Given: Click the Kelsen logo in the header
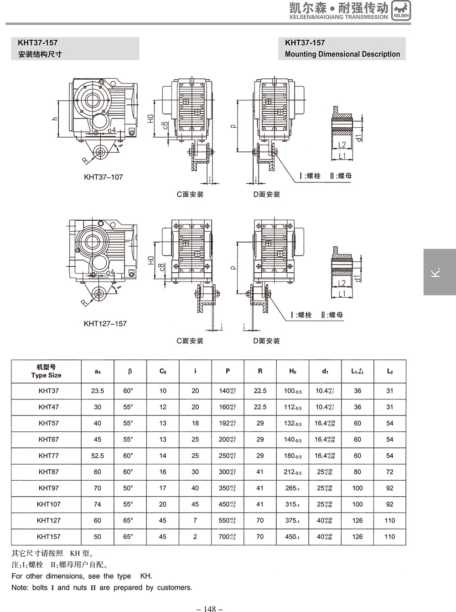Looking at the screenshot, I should coord(401,10).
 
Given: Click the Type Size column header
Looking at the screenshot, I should coord(46,371).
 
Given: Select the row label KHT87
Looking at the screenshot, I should coord(48,472).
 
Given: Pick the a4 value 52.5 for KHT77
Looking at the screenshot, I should coord(98,456).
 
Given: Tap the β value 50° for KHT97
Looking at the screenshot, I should coord(128,488).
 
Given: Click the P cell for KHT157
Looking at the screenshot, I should coord(227,537).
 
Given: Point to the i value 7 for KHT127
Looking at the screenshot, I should coord(195,520).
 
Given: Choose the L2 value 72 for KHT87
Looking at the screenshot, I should coord(389,472).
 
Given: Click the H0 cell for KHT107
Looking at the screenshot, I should coord(292,504).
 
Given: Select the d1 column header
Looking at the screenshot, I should coord(325,371).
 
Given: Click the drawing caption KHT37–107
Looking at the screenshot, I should coord(104,177).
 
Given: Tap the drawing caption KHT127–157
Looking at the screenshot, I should coord(105,323).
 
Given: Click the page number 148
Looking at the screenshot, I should coord(209,608).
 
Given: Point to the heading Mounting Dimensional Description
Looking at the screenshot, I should coord(342,54).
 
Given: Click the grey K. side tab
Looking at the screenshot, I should coord(439,272).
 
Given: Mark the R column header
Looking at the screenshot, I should coord(260,371).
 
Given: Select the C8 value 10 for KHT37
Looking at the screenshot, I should coord(163,391).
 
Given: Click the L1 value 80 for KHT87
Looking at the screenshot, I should coord(357,472).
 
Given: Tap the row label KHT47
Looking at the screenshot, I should coord(48,407).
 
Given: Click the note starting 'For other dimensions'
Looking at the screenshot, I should coord(82,576).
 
